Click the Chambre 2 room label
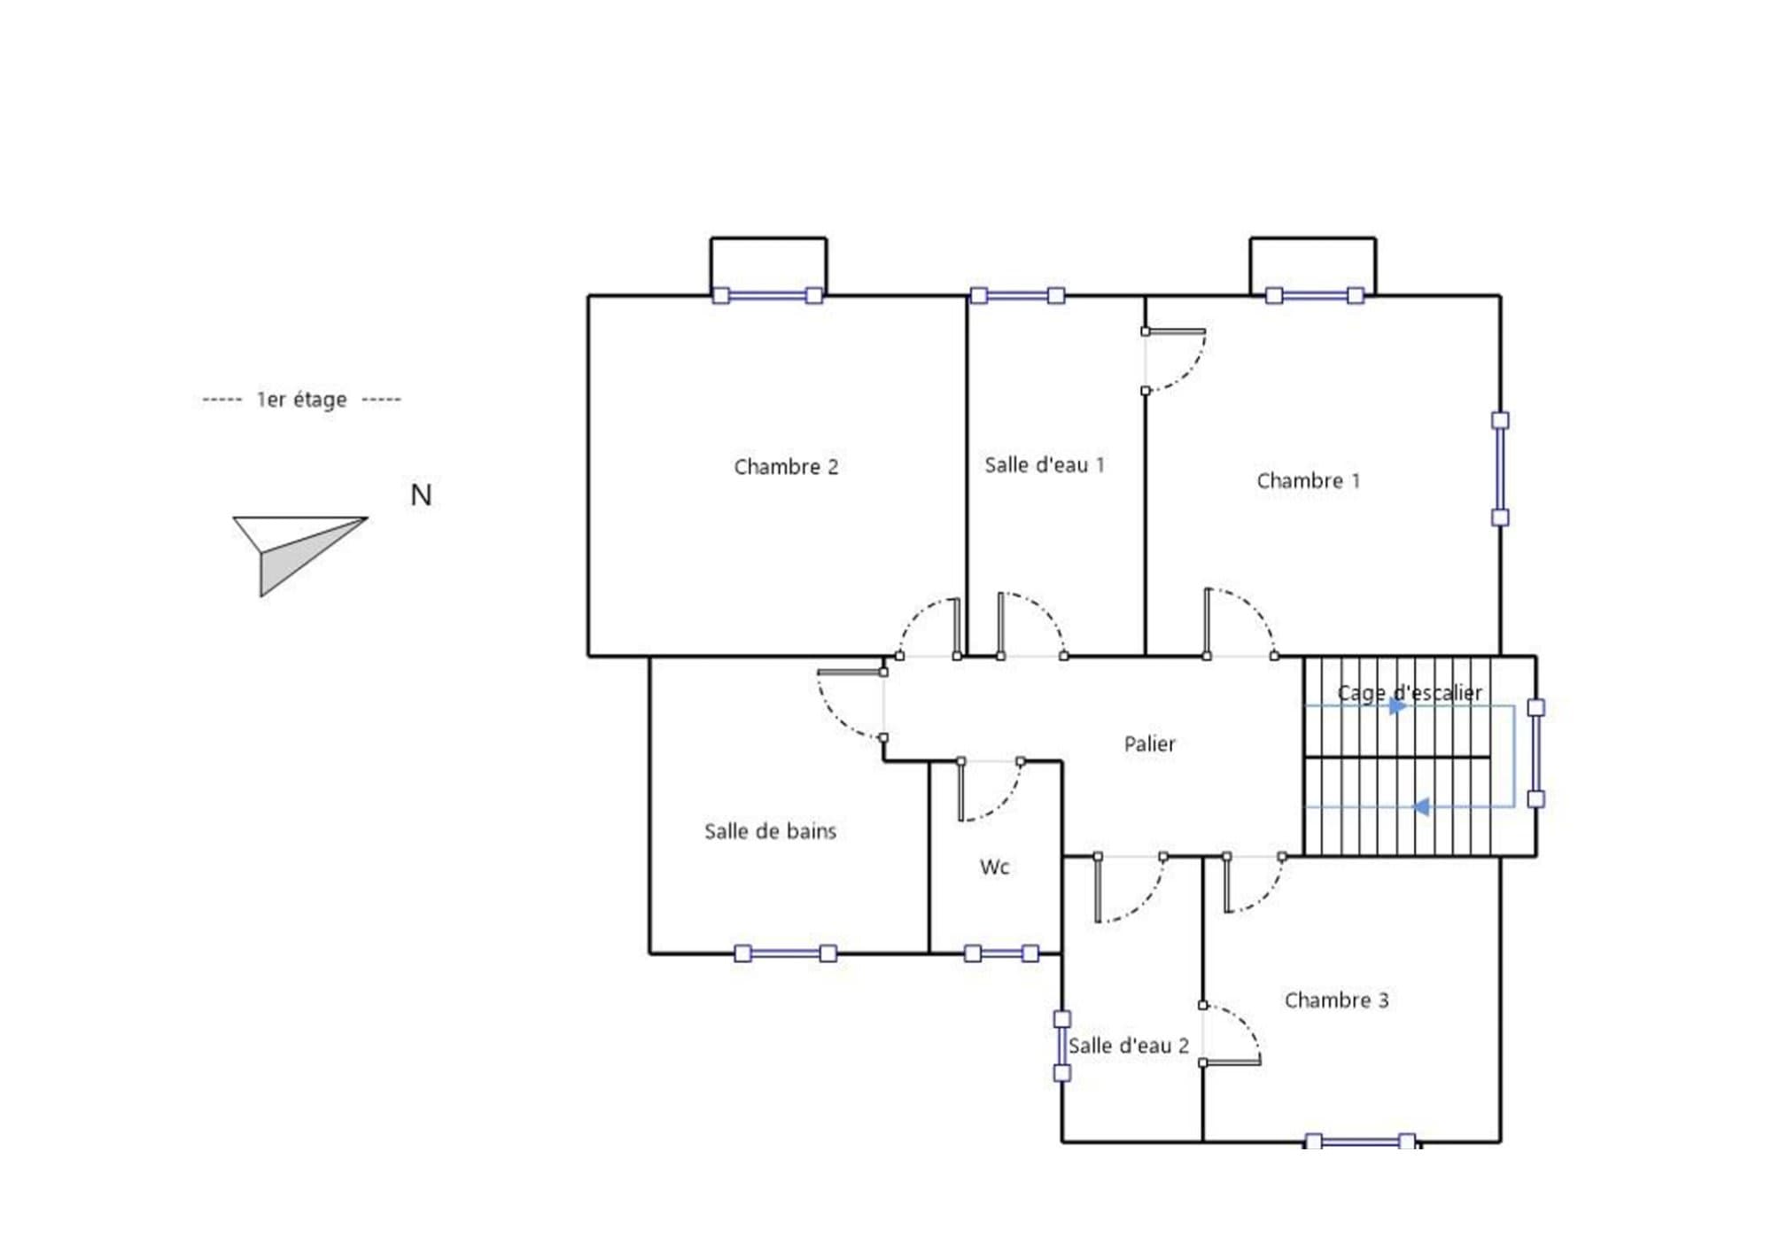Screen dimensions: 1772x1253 click(x=786, y=467)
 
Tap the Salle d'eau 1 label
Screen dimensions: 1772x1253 click(x=1045, y=465)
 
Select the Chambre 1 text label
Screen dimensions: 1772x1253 click(x=1308, y=481)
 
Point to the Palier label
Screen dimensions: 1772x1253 click(x=1149, y=744)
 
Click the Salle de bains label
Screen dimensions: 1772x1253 click(x=770, y=831)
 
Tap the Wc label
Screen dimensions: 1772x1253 click(x=994, y=867)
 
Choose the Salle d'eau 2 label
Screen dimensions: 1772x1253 click(x=1128, y=1046)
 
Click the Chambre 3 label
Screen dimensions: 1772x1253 click(x=1336, y=1000)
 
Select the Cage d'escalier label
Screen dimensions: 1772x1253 click(x=1409, y=693)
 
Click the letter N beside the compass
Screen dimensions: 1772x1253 click(x=421, y=495)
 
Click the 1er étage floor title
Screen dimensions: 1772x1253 click(x=301, y=400)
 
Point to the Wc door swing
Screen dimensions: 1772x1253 click(x=991, y=790)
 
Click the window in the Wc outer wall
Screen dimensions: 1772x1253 click(x=1001, y=953)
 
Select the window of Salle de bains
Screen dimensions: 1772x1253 click(x=785, y=953)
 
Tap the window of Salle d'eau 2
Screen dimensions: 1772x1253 click(x=1061, y=1047)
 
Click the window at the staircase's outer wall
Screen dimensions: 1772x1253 click(x=1536, y=753)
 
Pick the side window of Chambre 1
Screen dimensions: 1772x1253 click(x=1500, y=469)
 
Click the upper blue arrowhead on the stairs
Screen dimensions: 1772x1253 click(x=1397, y=706)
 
